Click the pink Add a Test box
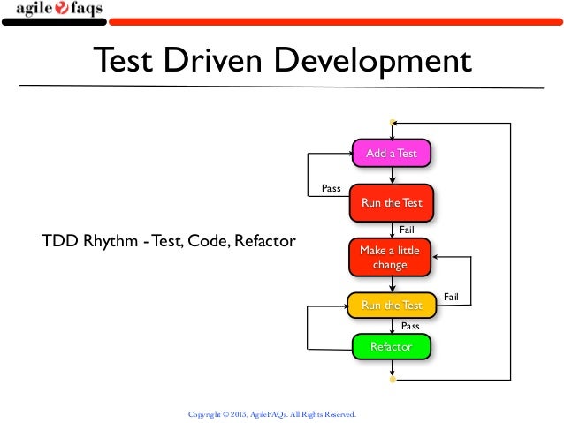click(x=391, y=154)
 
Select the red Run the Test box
click(x=392, y=202)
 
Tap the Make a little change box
click(x=390, y=257)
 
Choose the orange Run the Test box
click(x=392, y=306)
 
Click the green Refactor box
click(x=391, y=346)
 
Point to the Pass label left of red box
click(x=331, y=188)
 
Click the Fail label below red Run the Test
click(x=408, y=229)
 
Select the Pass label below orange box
click(x=410, y=326)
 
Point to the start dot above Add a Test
click(x=392, y=122)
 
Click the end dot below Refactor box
click(x=392, y=380)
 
